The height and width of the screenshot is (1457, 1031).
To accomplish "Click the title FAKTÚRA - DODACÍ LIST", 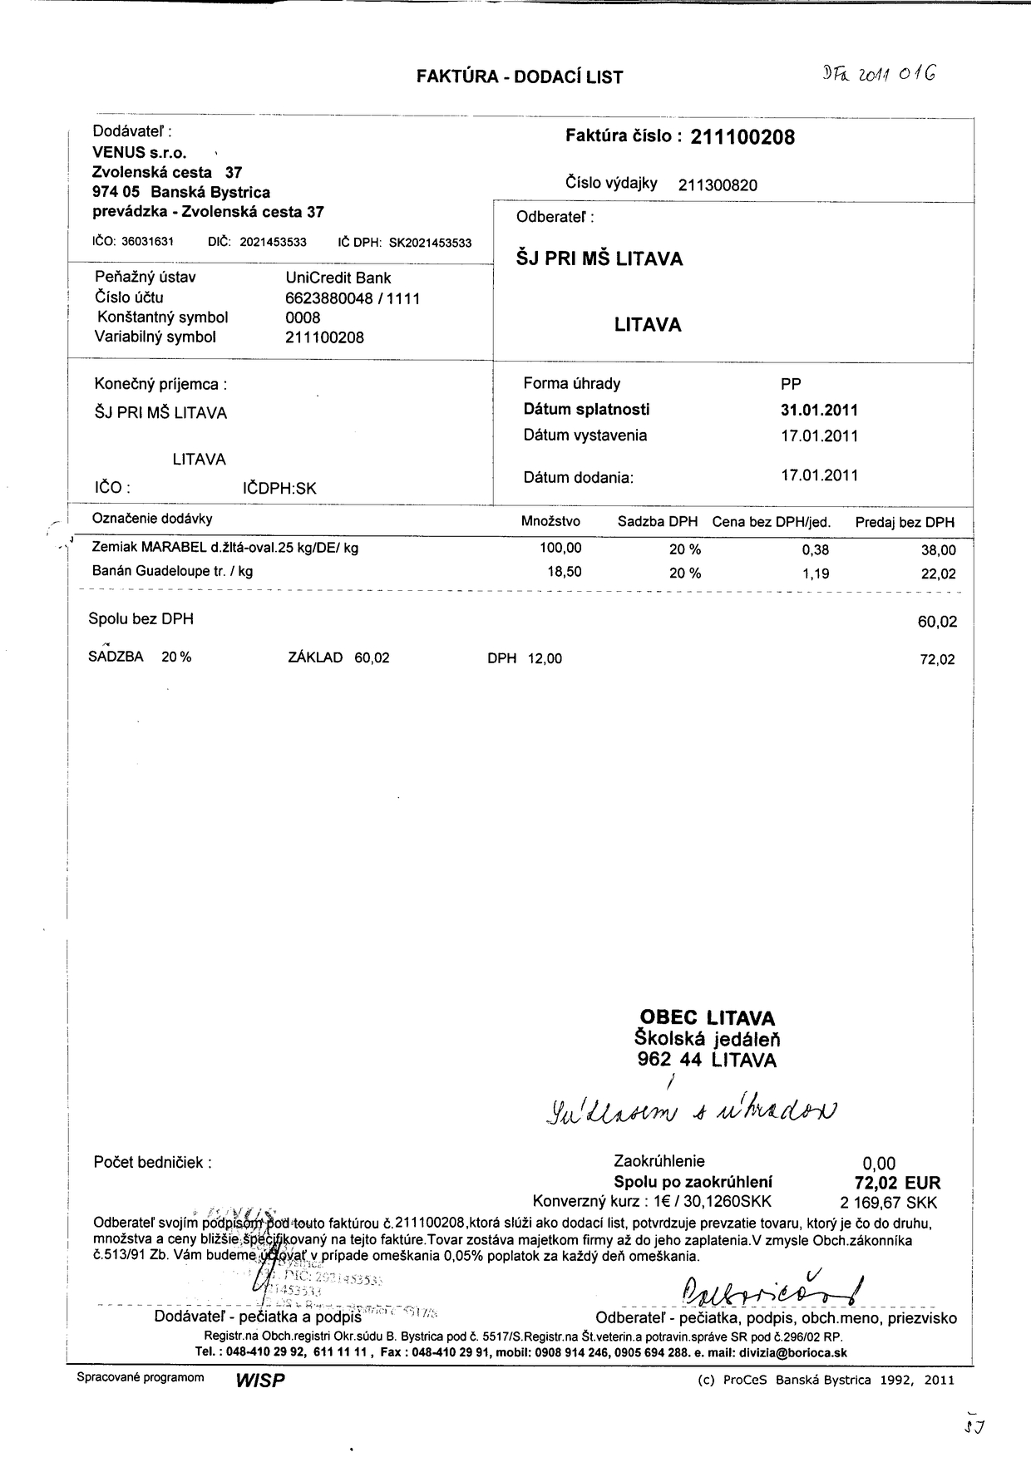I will (x=520, y=77).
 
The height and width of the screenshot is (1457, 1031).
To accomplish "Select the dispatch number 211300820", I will (x=718, y=185).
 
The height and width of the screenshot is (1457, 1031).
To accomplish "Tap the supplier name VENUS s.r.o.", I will (x=140, y=153).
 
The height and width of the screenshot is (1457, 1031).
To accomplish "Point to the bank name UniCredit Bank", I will (x=338, y=278).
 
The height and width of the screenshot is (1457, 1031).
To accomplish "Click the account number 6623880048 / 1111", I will (x=352, y=298).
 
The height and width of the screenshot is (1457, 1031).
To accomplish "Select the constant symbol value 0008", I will (x=303, y=317).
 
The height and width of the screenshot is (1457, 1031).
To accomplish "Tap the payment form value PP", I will (x=791, y=384).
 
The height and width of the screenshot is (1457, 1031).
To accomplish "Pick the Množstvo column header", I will (x=550, y=522).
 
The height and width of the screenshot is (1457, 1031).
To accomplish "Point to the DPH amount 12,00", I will (x=545, y=659).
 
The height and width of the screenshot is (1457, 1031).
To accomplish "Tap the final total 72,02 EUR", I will (x=891, y=1183).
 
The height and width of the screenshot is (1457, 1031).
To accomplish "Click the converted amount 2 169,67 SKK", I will (x=889, y=1203).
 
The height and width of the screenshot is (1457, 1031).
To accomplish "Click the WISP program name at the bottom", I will (x=260, y=1381).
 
